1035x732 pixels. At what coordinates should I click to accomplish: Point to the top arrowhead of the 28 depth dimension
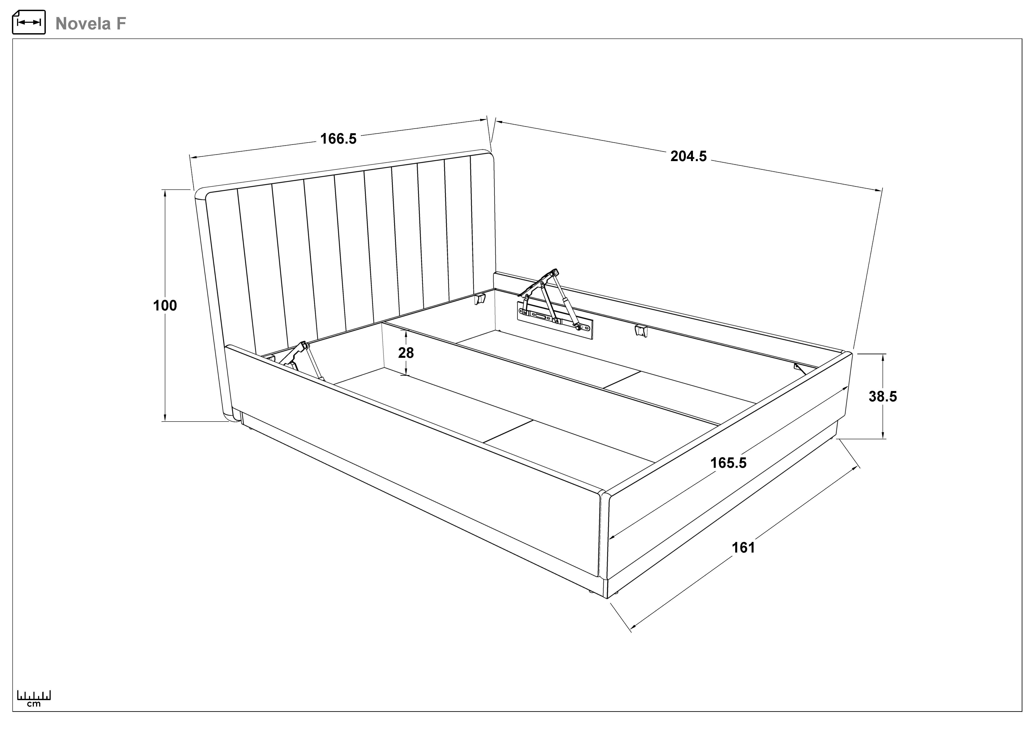pos(406,330)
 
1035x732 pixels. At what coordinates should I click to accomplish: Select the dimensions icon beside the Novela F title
pos(29,22)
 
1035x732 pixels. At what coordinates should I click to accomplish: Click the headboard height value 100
pos(165,306)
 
